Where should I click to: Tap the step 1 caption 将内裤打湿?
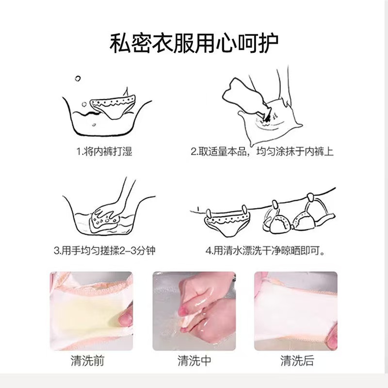(x=104, y=152)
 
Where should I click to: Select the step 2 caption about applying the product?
(x=262, y=152)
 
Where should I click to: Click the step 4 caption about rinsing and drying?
(x=265, y=251)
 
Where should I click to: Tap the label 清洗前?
(x=91, y=361)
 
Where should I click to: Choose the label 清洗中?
(x=194, y=361)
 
